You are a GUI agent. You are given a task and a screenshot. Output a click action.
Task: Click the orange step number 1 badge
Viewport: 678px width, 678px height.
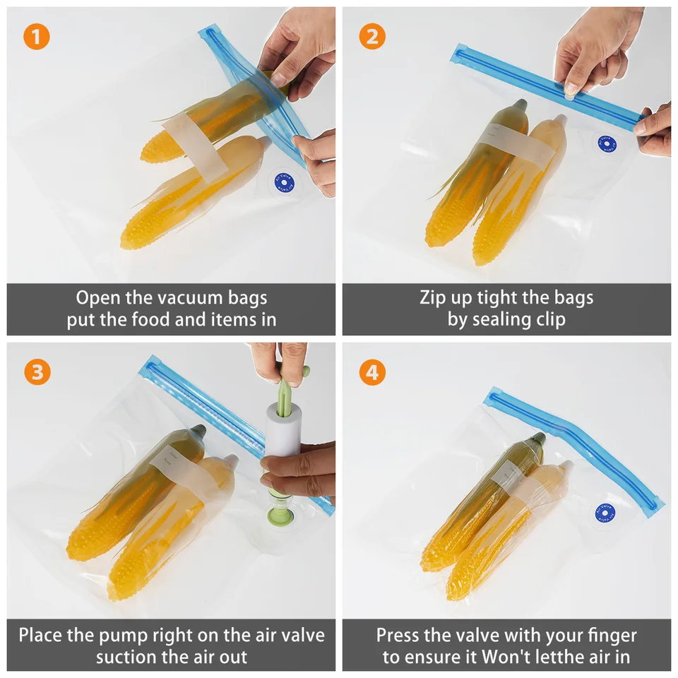37,36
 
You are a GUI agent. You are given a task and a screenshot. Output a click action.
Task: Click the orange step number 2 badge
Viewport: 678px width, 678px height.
372,36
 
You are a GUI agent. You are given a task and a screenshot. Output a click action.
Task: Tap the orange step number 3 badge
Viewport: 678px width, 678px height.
37,372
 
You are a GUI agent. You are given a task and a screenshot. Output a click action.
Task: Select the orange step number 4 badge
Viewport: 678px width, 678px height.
372,372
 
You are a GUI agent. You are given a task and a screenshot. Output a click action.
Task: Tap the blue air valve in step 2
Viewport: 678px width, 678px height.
606,145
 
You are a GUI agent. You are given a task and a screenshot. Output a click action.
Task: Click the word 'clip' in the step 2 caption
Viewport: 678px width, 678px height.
547,319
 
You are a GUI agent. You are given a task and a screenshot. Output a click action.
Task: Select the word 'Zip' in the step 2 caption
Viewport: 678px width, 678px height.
433,297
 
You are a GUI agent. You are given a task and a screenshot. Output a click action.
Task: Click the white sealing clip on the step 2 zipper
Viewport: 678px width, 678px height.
569,88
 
